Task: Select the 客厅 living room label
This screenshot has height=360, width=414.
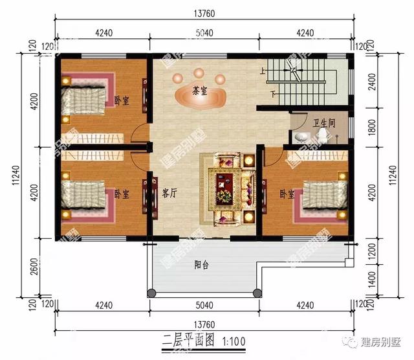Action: tap(169, 192)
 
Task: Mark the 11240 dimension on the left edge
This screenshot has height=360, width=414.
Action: tap(15, 175)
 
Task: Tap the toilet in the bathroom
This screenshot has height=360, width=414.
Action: tap(321, 134)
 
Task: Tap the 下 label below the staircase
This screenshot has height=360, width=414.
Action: tap(273, 94)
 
